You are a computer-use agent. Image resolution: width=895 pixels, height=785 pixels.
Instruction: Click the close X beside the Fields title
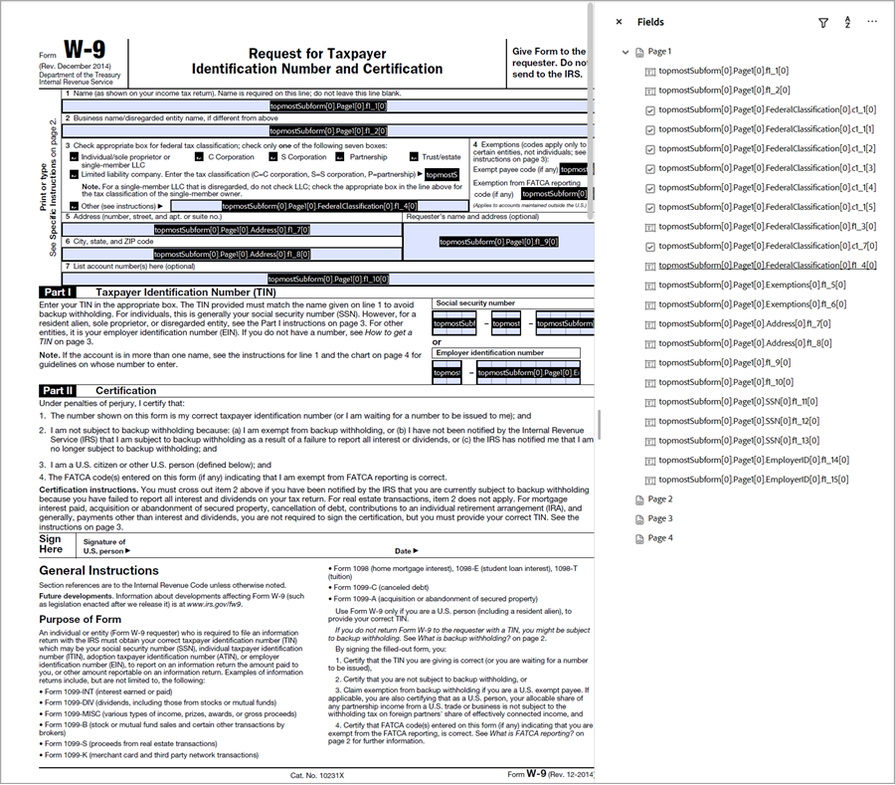pyautogui.click(x=619, y=22)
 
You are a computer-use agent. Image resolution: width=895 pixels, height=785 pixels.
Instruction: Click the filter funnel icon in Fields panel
pyautogui.click(x=822, y=22)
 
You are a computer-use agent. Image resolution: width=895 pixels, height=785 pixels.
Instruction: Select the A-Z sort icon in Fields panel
pyautogui.click(x=847, y=22)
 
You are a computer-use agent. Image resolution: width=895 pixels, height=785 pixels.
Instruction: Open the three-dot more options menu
pyautogui.click(x=872, y=22)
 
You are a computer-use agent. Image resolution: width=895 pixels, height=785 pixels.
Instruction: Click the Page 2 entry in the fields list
pyautogui.click(x=659, y=499)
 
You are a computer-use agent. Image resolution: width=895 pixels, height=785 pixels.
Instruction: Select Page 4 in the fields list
pyautogui.click(x=659, y=538)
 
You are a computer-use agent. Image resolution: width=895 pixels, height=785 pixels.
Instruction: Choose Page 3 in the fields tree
pyautogui.click(x=659, y=518)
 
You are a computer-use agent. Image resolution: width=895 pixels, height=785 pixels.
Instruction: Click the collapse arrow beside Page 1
pyautogui.click(x=626, y=52)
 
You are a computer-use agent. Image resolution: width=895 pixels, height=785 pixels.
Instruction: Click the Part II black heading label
pyautogui.click(x=58, y=391)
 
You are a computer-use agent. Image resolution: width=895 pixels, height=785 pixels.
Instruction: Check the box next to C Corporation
pyautogui.click(x=199, y=157)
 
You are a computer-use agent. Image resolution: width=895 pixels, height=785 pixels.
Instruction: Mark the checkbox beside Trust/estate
pyautogui.click(x=414, y=157)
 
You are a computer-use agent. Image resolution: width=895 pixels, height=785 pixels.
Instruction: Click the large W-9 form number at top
pyautogui.click(x=85, y=50)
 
